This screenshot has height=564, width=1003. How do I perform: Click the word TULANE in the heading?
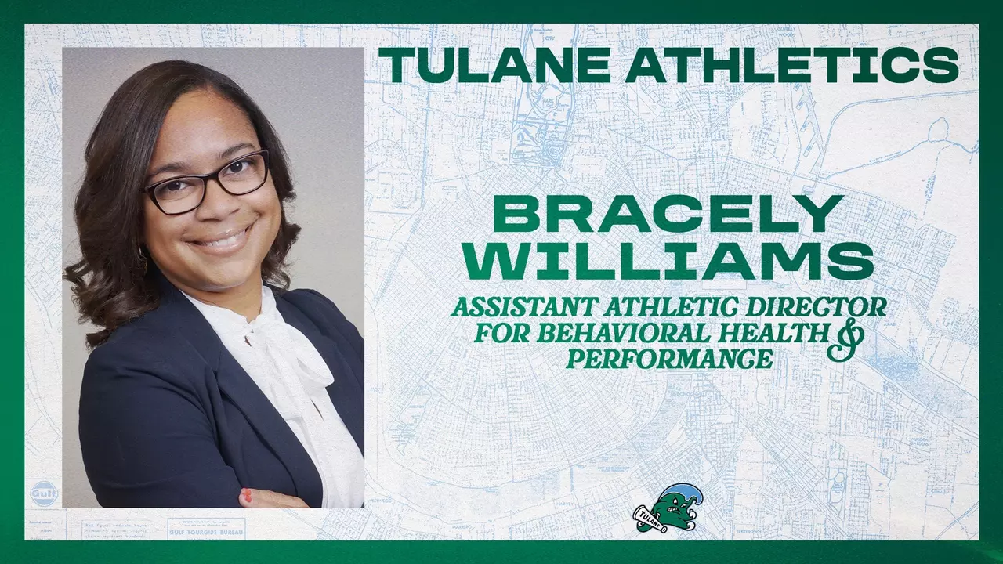click(494, 66)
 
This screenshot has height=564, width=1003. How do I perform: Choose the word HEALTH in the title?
click(784, 334)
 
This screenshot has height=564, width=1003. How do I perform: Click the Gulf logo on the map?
click(45, 491)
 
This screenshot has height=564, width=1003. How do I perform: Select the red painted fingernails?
click(246, 495)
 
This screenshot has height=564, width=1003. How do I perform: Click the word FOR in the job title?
click(501, 334)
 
